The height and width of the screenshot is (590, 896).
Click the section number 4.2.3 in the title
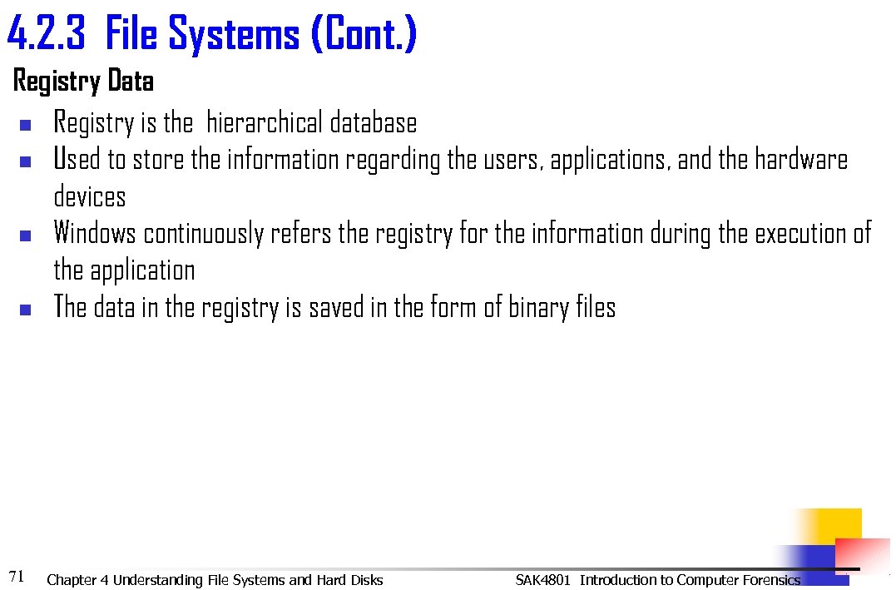47,35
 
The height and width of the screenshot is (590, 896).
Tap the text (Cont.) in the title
363,35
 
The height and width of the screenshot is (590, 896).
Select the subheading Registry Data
83,82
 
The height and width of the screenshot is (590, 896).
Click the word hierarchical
265,123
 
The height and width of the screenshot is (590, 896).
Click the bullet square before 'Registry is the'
24,126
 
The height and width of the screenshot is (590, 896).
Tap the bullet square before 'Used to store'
24,161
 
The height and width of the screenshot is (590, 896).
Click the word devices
90,197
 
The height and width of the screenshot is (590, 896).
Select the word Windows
94,234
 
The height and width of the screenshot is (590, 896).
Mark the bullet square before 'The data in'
24,310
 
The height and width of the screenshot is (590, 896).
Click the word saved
339,308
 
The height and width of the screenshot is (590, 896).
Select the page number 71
16,575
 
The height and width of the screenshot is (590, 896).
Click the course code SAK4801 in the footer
542,580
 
